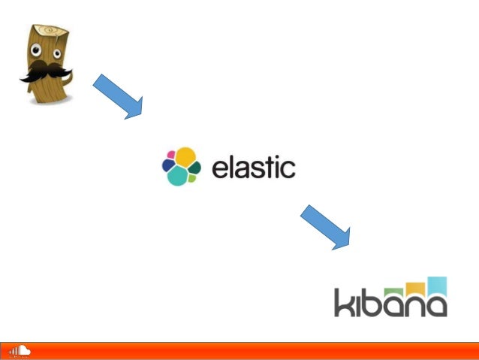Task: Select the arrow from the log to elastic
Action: click(117, 96)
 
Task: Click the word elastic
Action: click(253, 166)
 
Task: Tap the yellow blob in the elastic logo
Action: click(185, 156)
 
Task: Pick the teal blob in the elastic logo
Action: click(177, 176)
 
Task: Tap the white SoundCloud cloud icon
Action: click(20, 350)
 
